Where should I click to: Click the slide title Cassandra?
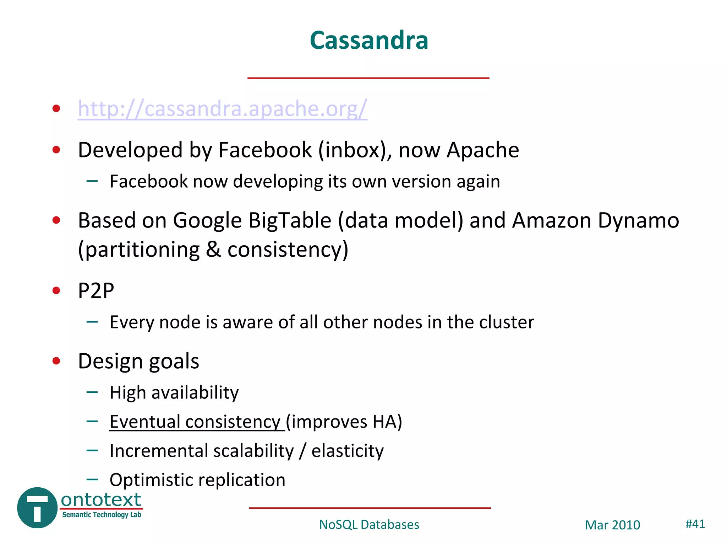tap(369, 40)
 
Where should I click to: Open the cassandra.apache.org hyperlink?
tap(223, 108)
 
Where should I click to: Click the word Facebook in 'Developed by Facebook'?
tap(264, 150)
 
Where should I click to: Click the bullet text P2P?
tap(96, 291)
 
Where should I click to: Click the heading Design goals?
tap(138, 361)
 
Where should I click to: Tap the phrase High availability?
tap(174, 393)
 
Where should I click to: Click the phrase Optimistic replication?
tap(197, 480)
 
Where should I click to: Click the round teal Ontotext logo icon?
tap(37, 508)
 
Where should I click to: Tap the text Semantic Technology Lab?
tap(102, 515)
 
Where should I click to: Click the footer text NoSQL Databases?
tap(369, 525)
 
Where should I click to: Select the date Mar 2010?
tap(612, 525)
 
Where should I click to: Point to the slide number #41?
tap(695, 524)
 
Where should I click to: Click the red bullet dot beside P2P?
tap(56, 291)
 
